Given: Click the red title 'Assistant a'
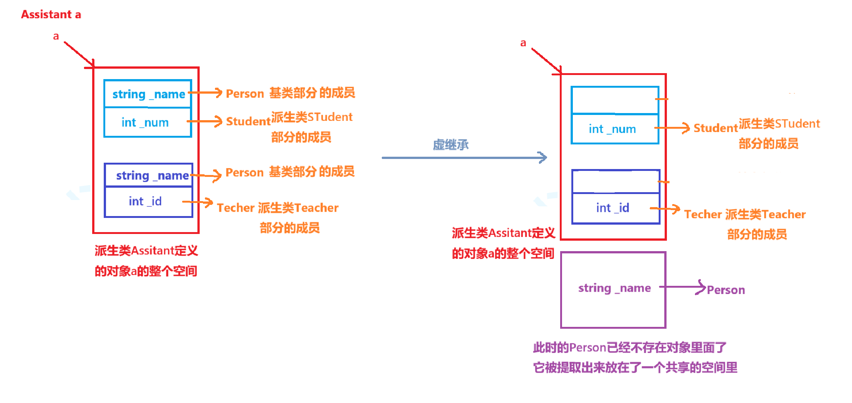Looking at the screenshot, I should click(51, 15).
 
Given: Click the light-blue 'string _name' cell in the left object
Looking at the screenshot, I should click(148, 94).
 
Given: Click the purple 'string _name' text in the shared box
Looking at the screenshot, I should click(614, 288).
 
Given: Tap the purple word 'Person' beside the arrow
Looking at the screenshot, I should click(725, 290).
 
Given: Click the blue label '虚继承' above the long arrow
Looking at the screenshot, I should click(450, 145).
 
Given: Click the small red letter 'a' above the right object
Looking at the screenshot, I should click(523, 43).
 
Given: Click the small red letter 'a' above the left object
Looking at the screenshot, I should click(56, 37).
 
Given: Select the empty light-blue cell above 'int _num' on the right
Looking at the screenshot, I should click(614, 100).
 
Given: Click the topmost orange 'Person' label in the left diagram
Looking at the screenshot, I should click(245, 94).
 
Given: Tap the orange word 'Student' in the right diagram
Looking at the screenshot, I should click(715, 128).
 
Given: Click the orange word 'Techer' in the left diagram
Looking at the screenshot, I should click(235, 208).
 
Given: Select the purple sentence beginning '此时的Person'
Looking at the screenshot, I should click(629, 348).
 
